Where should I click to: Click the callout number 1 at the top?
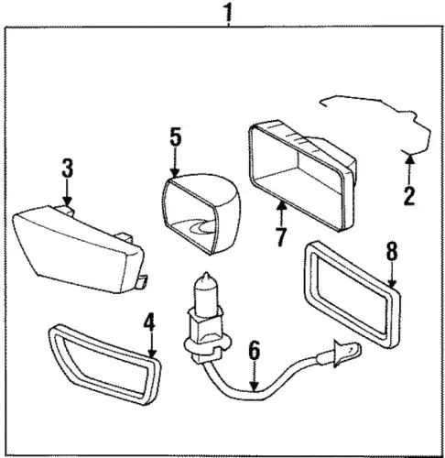[228, 12]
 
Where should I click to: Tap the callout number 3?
[68, 169]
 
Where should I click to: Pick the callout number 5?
[176, 137]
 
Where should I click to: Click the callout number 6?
[254, 350]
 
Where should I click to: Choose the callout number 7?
[281, 236]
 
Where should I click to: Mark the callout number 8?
[392, 250]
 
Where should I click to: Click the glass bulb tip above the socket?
[206, 277]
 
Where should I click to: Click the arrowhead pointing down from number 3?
[68, 202]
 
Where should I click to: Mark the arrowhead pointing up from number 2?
[410, 158]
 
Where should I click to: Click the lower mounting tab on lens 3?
[141, 281]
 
